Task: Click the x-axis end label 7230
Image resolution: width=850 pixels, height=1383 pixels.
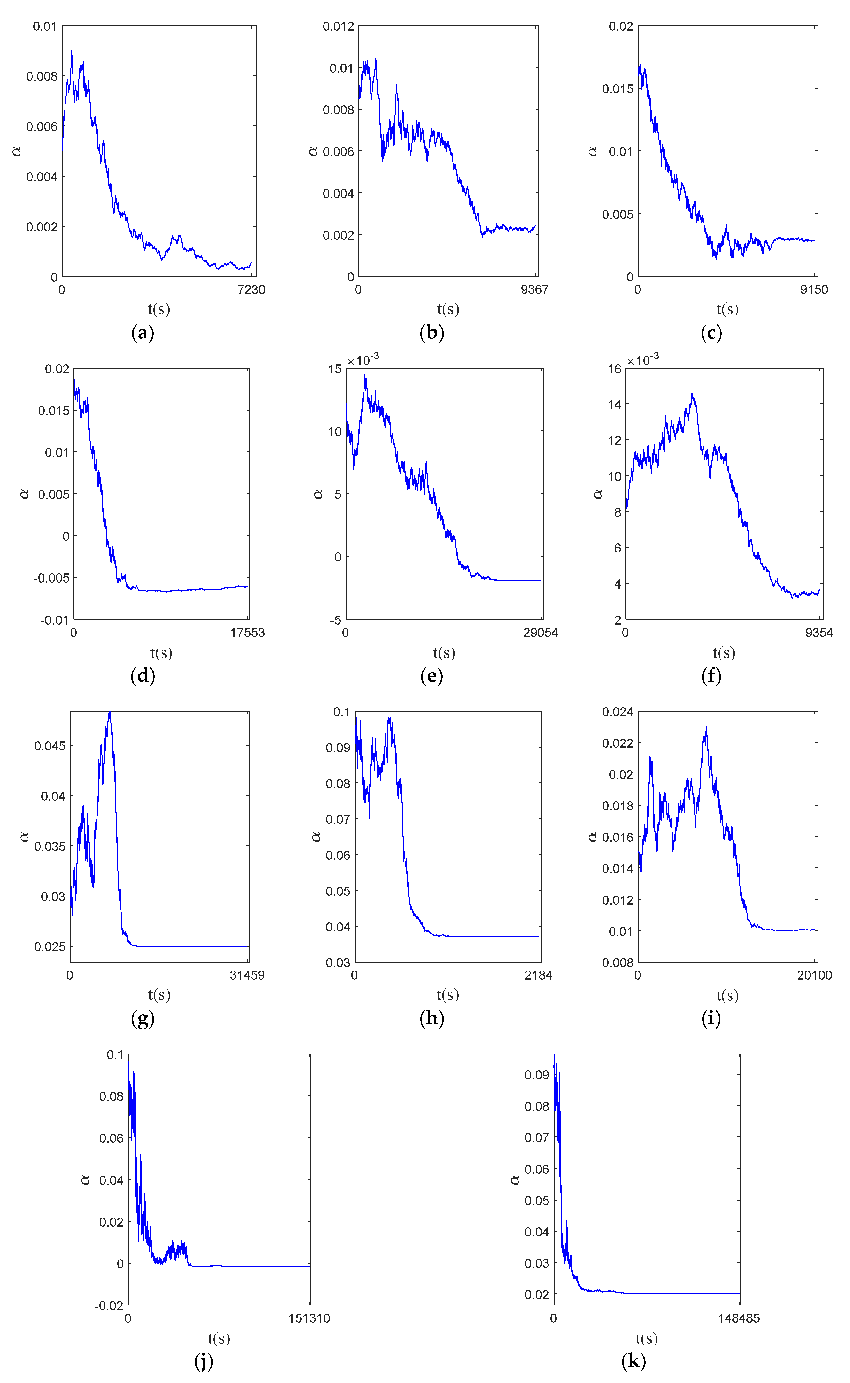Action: point(251,290)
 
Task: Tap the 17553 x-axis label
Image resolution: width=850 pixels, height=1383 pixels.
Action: point(247,633)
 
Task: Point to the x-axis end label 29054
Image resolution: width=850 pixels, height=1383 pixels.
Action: point(541,633)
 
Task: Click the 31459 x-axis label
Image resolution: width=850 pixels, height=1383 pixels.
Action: point(247,975)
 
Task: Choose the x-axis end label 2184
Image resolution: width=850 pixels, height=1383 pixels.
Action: point(539,975)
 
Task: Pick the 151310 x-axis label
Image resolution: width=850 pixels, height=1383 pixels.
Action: point(309,1318)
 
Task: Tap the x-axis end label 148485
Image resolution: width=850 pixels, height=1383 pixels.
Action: point(739,1318)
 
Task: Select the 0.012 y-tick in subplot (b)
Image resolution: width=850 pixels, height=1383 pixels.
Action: point(339,26)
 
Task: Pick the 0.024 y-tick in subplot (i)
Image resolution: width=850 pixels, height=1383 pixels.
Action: point(618,712)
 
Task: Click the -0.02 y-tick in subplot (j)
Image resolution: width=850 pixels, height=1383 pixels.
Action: point(109,1305)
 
